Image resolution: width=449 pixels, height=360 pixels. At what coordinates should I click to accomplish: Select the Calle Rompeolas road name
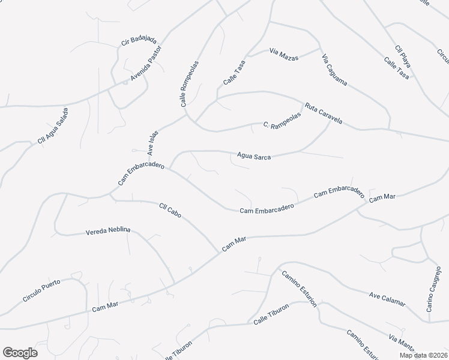[190, 83]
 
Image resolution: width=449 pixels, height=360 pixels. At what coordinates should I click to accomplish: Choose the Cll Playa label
[403, 56]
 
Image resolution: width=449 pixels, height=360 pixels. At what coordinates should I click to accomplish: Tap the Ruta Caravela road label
[323, 113]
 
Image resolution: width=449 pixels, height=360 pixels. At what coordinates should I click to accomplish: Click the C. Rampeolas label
[282, 124]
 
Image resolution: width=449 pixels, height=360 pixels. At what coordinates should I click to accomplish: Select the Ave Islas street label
[152, 143]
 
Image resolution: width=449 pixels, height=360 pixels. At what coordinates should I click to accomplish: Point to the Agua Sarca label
[254, 157]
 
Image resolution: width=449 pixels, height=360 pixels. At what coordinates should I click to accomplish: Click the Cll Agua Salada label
[53, 125]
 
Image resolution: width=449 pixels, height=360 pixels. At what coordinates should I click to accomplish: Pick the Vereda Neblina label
[108, 231]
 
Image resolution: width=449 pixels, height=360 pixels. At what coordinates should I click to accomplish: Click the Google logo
[20, 353]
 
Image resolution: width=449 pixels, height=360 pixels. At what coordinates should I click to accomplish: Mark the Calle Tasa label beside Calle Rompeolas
[234, 74]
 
